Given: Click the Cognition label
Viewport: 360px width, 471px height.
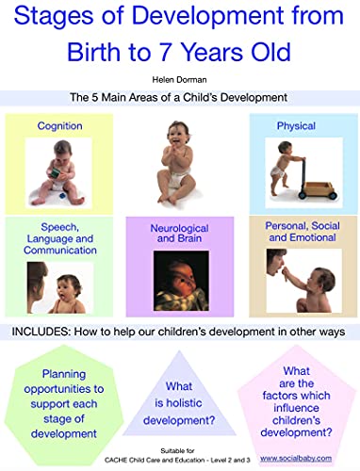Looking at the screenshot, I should (x=59, y=125).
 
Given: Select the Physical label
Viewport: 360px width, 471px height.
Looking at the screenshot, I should (x=295, y=125).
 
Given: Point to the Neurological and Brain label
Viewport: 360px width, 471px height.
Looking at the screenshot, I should (x=179, y=234).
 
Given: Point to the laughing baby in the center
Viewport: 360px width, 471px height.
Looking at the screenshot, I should (x=179, y=155).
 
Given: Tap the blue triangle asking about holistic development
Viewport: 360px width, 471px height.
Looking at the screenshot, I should (x=179, y=397).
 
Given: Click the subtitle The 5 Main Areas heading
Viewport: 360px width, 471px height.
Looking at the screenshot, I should (x=179, y=97).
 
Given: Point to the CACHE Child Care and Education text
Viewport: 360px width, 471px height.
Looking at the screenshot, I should (x=179, y=459).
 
